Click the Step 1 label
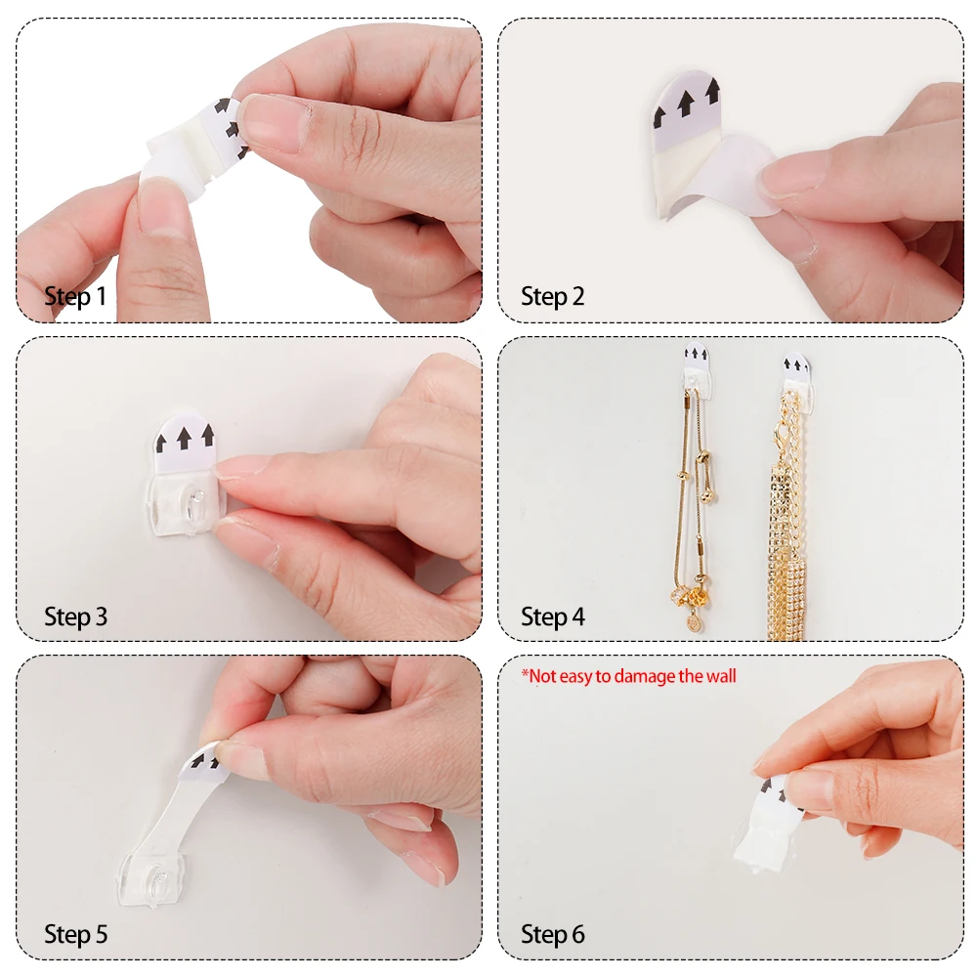click(75, 297)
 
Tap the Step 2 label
click(552, 297)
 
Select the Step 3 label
click(75, 617)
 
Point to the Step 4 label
click(552, 617)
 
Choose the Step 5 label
click(75, 934)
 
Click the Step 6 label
click(552, 934)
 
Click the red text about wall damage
click(628, 675)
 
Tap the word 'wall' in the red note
click(719, 675)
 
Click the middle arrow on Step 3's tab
click(186, 436)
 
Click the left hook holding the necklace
click(696, 374)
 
